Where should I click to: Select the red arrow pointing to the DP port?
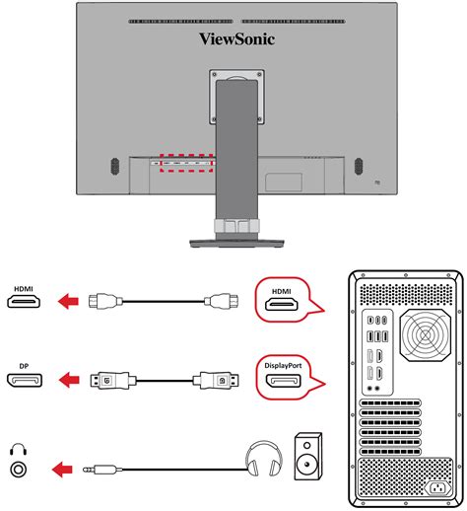point(69,379)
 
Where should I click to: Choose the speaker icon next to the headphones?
point(306,455)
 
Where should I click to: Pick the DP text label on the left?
point(23,366)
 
